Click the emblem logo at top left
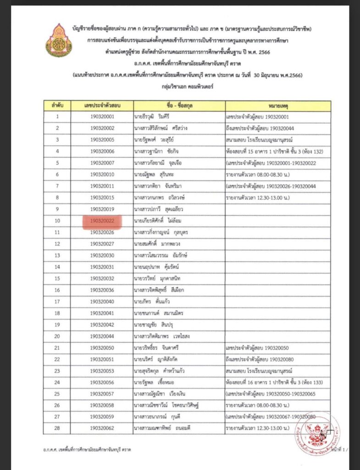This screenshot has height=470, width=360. click(59, 41)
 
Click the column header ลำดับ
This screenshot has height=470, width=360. click(58, 106)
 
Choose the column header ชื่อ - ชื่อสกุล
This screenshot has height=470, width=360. click(179, 106)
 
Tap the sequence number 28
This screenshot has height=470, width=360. click(58, 428)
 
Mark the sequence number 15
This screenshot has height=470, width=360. click(58, 278)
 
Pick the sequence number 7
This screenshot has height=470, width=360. click(58, 186)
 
